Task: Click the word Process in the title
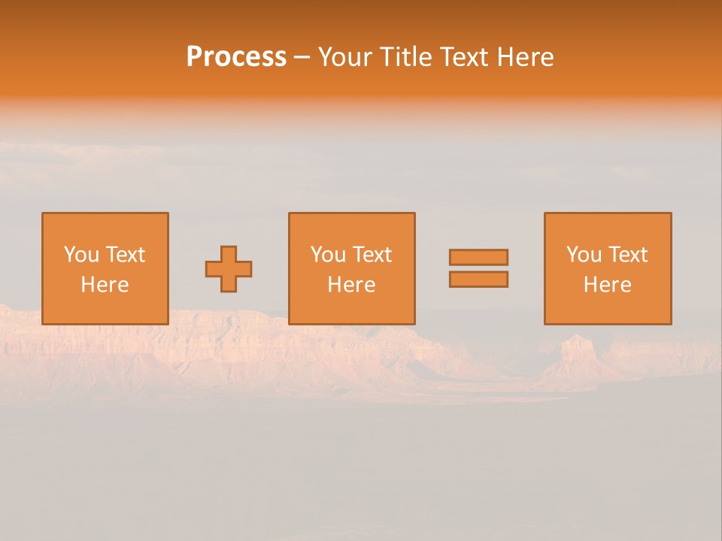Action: (236, 57)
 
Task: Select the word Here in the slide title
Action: (526, 57)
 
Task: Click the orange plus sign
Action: (229, 269)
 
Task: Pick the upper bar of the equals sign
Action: (478, 257)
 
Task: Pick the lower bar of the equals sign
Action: (478, 280)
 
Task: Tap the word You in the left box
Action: (81, 255)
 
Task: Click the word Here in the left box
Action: (105, 285)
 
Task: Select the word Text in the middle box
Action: (372, 255)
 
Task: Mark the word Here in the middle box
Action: (351, 285)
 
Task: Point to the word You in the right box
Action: (584, 255)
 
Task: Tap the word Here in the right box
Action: (607, 285)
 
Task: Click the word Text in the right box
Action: (628, 255)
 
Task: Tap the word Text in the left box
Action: (126, 255)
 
